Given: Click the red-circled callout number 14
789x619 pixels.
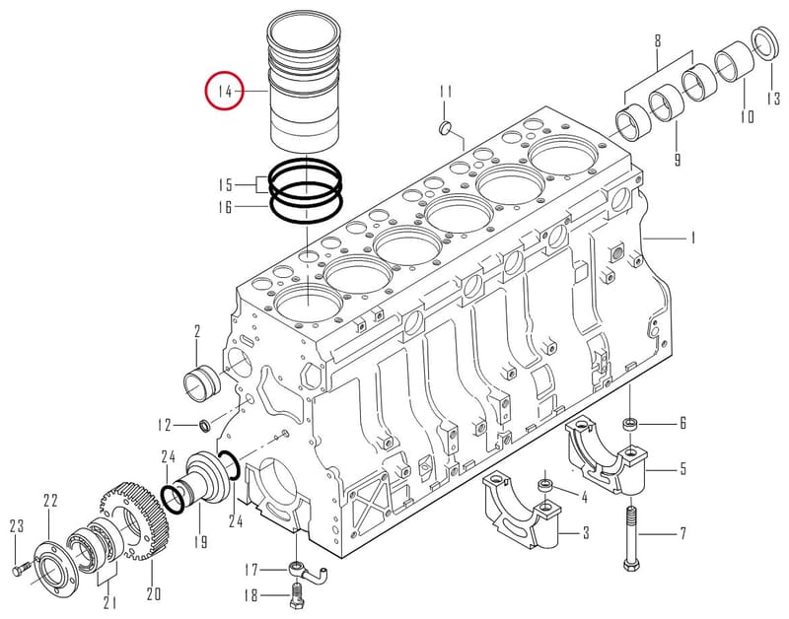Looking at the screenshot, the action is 225,91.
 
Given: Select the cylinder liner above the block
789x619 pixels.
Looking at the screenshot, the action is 304,83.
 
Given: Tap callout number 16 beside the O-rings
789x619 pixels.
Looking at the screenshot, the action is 225,207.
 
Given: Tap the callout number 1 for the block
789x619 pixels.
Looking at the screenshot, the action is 692,237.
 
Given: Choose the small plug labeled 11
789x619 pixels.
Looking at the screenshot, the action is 445,128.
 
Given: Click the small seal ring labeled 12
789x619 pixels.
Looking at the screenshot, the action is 205,426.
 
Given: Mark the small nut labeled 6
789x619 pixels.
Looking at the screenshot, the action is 629,425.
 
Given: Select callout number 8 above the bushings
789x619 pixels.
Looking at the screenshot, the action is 658,40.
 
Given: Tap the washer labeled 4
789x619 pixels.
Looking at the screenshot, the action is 545,486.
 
